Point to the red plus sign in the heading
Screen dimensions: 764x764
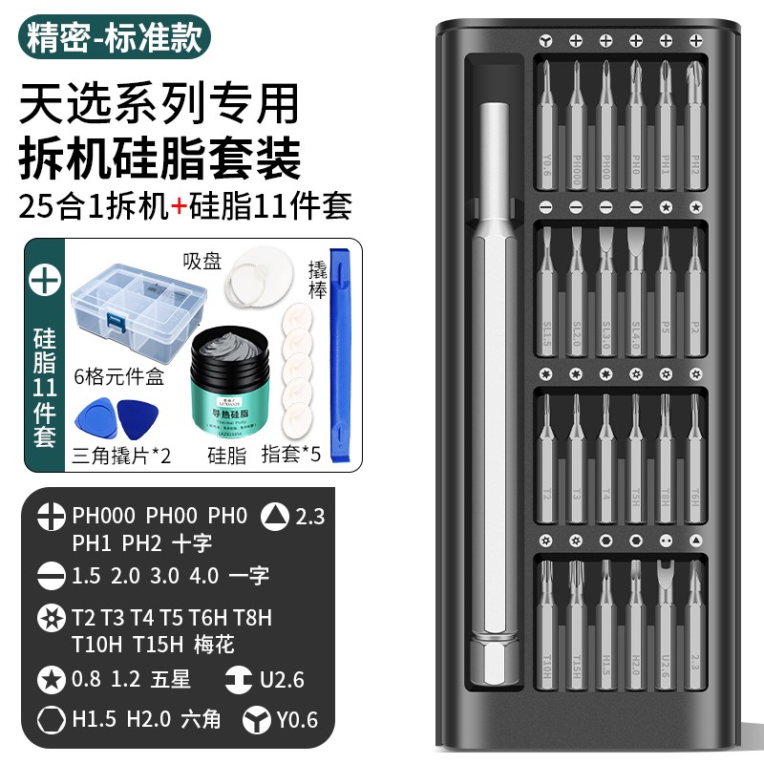coord(178,205)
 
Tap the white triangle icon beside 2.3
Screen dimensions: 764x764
coord(276,517)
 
